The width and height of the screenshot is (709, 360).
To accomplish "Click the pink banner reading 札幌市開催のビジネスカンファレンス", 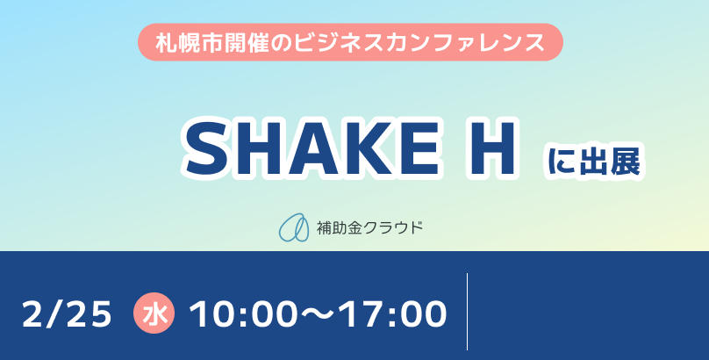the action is (x=350, y=42).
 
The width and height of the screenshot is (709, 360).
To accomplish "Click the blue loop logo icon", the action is (x=293, y=227).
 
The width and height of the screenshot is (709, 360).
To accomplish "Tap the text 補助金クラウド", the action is (x=370, y=227).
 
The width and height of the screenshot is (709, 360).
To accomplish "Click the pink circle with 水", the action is (x=154, y=313).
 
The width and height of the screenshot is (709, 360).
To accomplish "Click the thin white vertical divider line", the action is (x=467, y=311).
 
